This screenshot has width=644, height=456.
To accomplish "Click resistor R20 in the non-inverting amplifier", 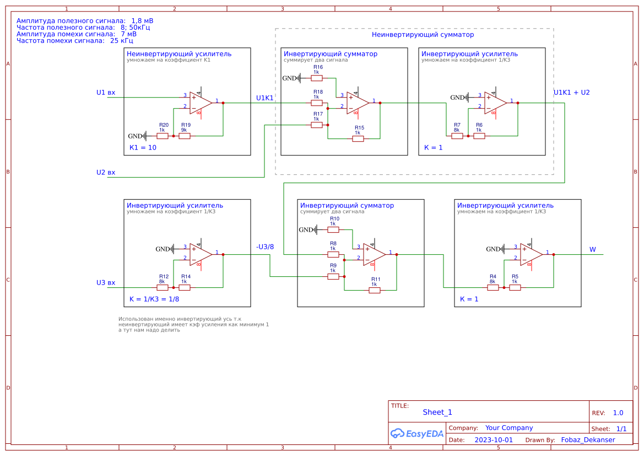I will coord(163,136).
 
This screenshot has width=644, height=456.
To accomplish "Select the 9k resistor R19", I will coord(185,136).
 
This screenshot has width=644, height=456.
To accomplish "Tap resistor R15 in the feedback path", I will coord(358,138).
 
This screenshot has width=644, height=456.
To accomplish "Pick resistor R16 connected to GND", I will coord(317,78).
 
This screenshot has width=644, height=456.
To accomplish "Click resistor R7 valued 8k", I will coord(457,136).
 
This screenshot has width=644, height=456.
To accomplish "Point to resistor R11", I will coord(375,290).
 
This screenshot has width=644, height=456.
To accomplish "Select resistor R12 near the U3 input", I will coord(163,287).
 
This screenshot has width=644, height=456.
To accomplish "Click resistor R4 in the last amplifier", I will coord(493,287).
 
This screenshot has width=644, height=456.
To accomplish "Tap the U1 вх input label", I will coord(106,93).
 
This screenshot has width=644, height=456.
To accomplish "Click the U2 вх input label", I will coord(106,173).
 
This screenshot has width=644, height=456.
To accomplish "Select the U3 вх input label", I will coord(106,283).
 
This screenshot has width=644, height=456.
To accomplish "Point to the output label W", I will coord(593,250).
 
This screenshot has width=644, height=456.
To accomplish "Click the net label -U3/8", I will coord(265,246).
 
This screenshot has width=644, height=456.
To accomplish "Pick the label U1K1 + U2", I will coord(571,93).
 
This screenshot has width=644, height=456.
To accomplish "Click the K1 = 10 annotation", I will coord(143,148).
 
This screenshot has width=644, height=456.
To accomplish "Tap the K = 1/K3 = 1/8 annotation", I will coord(154,299).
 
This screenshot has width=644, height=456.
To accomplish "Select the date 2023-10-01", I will coord(494,440).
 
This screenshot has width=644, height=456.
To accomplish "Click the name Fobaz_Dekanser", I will coord(588,440).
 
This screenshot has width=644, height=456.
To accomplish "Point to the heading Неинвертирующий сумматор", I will coord(423,35).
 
